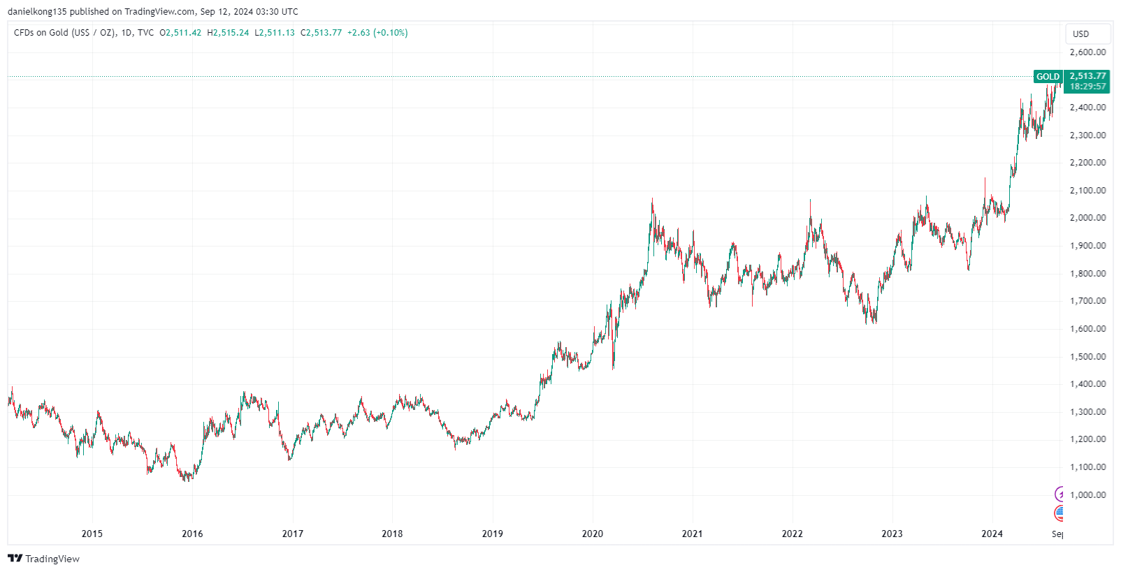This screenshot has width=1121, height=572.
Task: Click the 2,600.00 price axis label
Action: (1087, 52)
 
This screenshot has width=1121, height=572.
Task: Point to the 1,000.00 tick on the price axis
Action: (1087, 495)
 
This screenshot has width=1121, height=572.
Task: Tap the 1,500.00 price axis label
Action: (1087, 357)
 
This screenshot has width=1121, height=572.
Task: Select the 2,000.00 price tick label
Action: (1087, 218)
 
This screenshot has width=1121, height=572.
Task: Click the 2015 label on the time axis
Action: (92, 534)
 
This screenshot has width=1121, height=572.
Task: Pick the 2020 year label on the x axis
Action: (593, 534)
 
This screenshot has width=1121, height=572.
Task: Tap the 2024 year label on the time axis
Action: (992, 534)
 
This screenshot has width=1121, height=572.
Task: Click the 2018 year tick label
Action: (392, 534)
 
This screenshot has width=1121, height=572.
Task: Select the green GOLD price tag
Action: (1048, 77)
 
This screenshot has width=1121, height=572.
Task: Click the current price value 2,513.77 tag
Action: (1087, 76)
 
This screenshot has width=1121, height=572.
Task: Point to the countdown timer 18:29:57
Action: (1087, 87)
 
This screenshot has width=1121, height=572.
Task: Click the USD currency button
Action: (1081, 34)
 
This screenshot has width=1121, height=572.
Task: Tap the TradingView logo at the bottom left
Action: (43, 559)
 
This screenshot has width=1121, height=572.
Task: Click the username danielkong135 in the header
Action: (37, 12)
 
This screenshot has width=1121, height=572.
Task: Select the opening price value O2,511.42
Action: (180, 33)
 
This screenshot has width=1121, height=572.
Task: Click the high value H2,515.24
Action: (228, 33)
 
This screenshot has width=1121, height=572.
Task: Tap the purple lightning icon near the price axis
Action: (1060, 494)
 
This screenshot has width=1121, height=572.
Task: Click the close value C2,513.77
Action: (321, 33)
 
